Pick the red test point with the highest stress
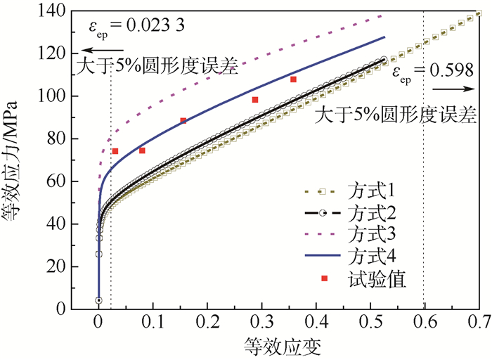pos(293,79)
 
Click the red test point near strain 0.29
pos(255,100)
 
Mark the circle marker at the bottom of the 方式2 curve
pos(98,300)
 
